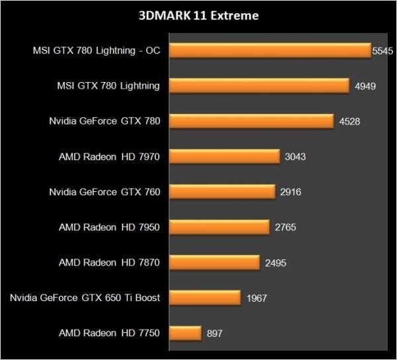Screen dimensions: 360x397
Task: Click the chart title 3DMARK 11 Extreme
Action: coord(198,15)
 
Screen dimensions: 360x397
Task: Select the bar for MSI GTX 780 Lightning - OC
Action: coord(271,50)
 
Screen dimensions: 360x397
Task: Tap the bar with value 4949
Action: coord(260,85)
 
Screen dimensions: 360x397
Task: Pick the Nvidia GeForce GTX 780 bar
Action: coord(252,121)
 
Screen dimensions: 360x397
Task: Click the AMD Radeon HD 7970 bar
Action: coord(226,156)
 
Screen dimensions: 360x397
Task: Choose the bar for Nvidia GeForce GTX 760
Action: coord(223,191)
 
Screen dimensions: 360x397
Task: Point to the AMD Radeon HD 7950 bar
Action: coord(220,227)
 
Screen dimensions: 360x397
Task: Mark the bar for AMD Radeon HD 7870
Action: coord(215,262)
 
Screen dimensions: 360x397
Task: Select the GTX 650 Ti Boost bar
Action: coord(206,298)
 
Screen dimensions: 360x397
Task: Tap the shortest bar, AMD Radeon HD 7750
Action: coord(186,333)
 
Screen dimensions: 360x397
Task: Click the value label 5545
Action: coord(382,50)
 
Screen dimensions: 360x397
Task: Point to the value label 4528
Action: coord(349,121)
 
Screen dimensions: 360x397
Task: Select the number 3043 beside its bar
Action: coord(295,157)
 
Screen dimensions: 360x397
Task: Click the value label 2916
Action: coord(290,192)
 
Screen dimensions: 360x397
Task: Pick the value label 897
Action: coord(213,333)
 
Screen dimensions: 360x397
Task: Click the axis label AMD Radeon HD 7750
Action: coord(110,333)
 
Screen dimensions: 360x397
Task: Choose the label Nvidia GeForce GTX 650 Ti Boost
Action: coord(85,298)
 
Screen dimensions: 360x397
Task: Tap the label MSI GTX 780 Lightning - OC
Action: coord(97,50)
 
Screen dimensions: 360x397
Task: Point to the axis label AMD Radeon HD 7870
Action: coord(110,262)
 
